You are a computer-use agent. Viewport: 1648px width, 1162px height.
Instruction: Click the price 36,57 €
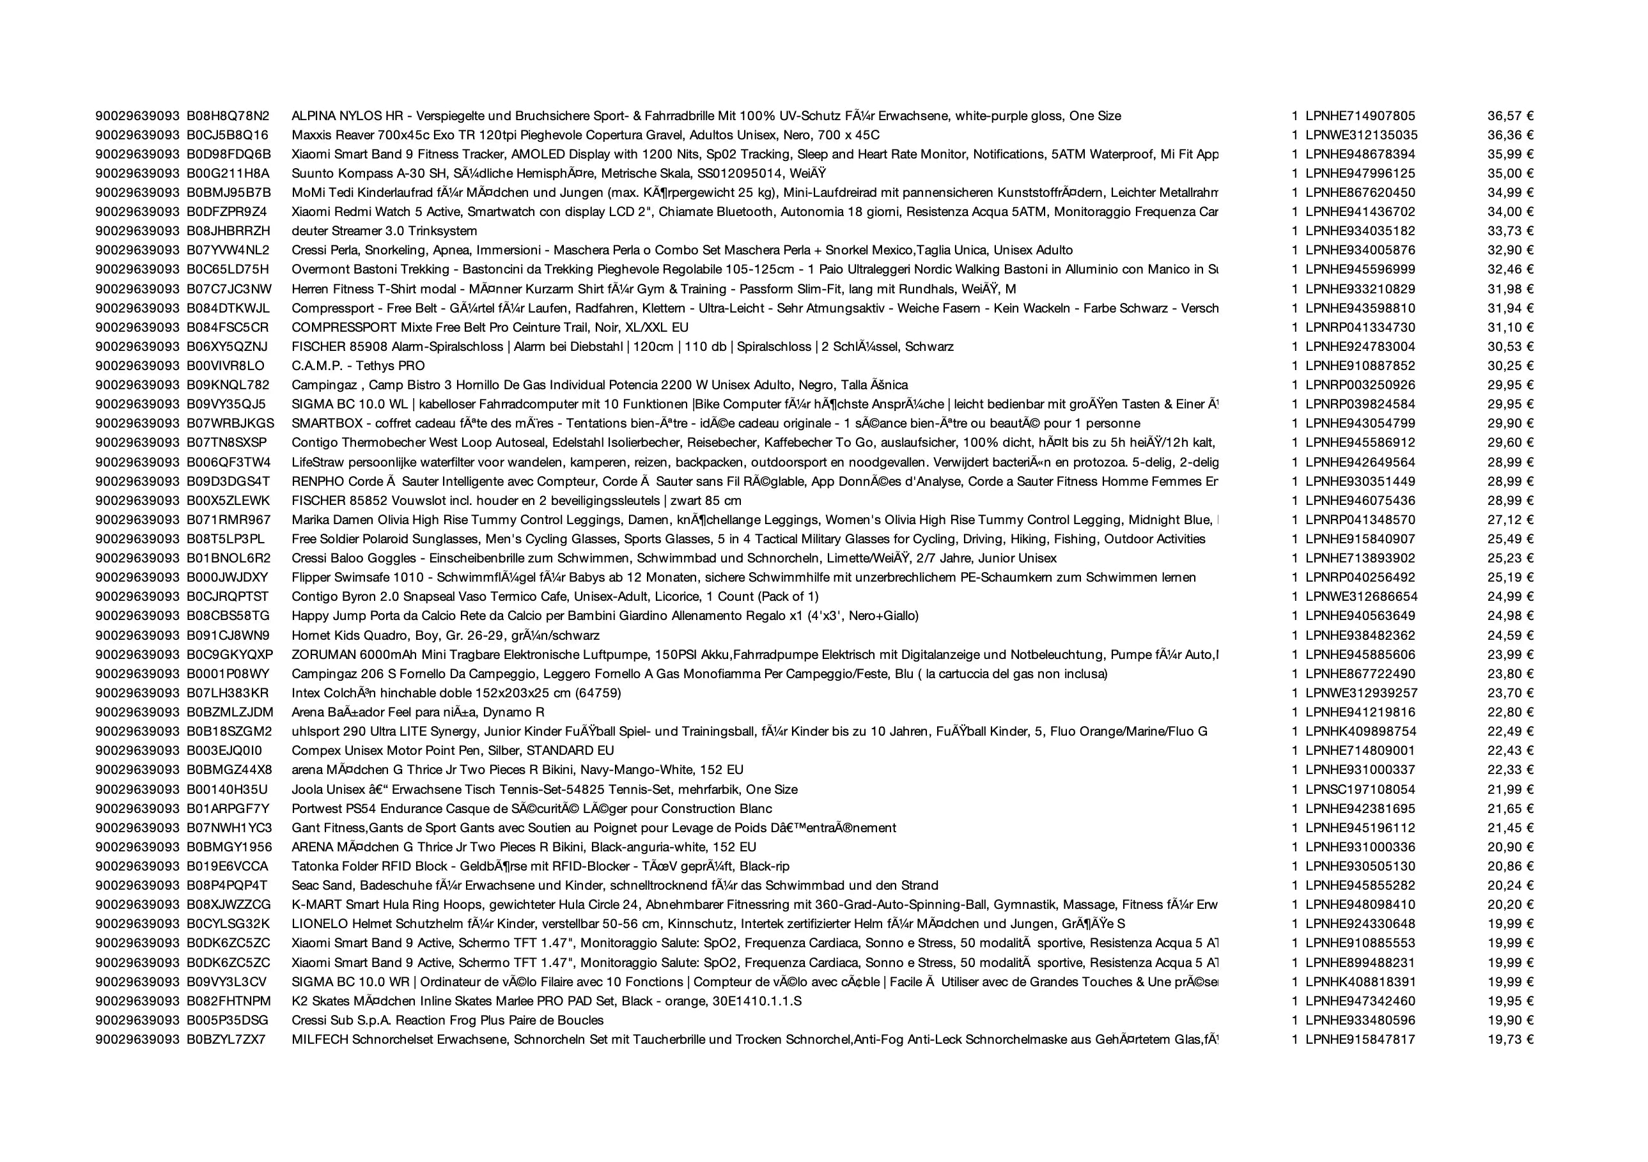click(x=1510, y=116)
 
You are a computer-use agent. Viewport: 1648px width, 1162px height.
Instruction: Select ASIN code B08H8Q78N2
click(x=228, y=116)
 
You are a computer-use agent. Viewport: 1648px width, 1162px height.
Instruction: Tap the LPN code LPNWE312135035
click(x=1361, y=135)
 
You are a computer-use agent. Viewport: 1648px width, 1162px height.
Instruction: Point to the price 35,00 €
click(x=1510, y=173)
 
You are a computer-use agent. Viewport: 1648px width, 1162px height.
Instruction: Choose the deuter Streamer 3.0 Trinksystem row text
click(x=384, y=231)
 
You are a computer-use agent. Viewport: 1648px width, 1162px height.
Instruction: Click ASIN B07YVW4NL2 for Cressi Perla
click(x=228, y=251)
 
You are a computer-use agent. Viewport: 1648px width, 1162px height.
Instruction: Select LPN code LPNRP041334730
click(x=1360, y=327)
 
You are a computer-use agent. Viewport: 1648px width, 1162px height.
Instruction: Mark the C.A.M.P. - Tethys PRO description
click(x=357, y=366)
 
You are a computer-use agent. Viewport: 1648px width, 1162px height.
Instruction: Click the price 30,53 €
click(x=1510, y=346)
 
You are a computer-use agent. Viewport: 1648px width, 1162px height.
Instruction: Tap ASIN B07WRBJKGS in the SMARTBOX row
click(x=230, y=424)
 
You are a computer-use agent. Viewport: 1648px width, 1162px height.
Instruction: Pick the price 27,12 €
click(x=1510, y=520)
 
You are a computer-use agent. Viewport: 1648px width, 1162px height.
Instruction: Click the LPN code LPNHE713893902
click(x=1360, y=558)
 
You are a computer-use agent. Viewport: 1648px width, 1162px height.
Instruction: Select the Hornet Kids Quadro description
click(x=445, y=635)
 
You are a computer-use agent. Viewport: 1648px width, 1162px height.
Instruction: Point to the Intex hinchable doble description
click(x=456, y=693)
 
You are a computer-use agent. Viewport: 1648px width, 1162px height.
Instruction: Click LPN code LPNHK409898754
click(x=1360, y=731)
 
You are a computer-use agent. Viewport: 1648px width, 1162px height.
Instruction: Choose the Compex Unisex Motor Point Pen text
click(x=452, y=751)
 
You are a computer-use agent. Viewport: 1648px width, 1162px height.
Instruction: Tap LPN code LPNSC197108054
click(x=1360, y=789)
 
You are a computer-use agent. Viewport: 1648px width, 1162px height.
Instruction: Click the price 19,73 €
click(x=1510, y=1039)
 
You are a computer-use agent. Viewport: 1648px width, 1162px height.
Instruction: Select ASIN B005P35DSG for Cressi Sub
click(x=228, y=1020)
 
